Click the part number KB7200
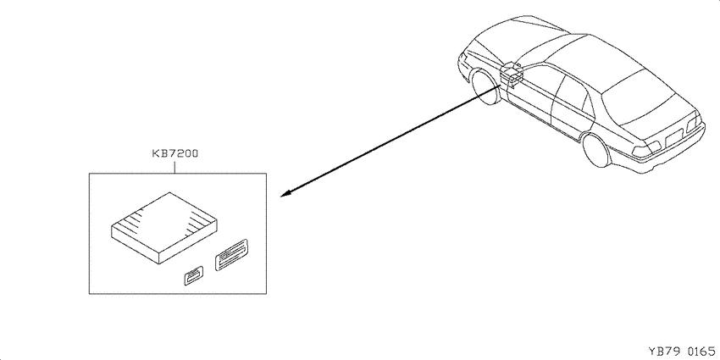pos(175,154)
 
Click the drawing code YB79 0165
pos(683,351)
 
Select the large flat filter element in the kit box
pos(164,228)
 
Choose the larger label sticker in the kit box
pos(231,254)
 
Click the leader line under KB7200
pos(175,166)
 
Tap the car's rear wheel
pos(596,150)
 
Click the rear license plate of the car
pos(674,137)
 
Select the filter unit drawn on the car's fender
pos(511,75)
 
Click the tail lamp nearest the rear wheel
pos(646,149)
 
